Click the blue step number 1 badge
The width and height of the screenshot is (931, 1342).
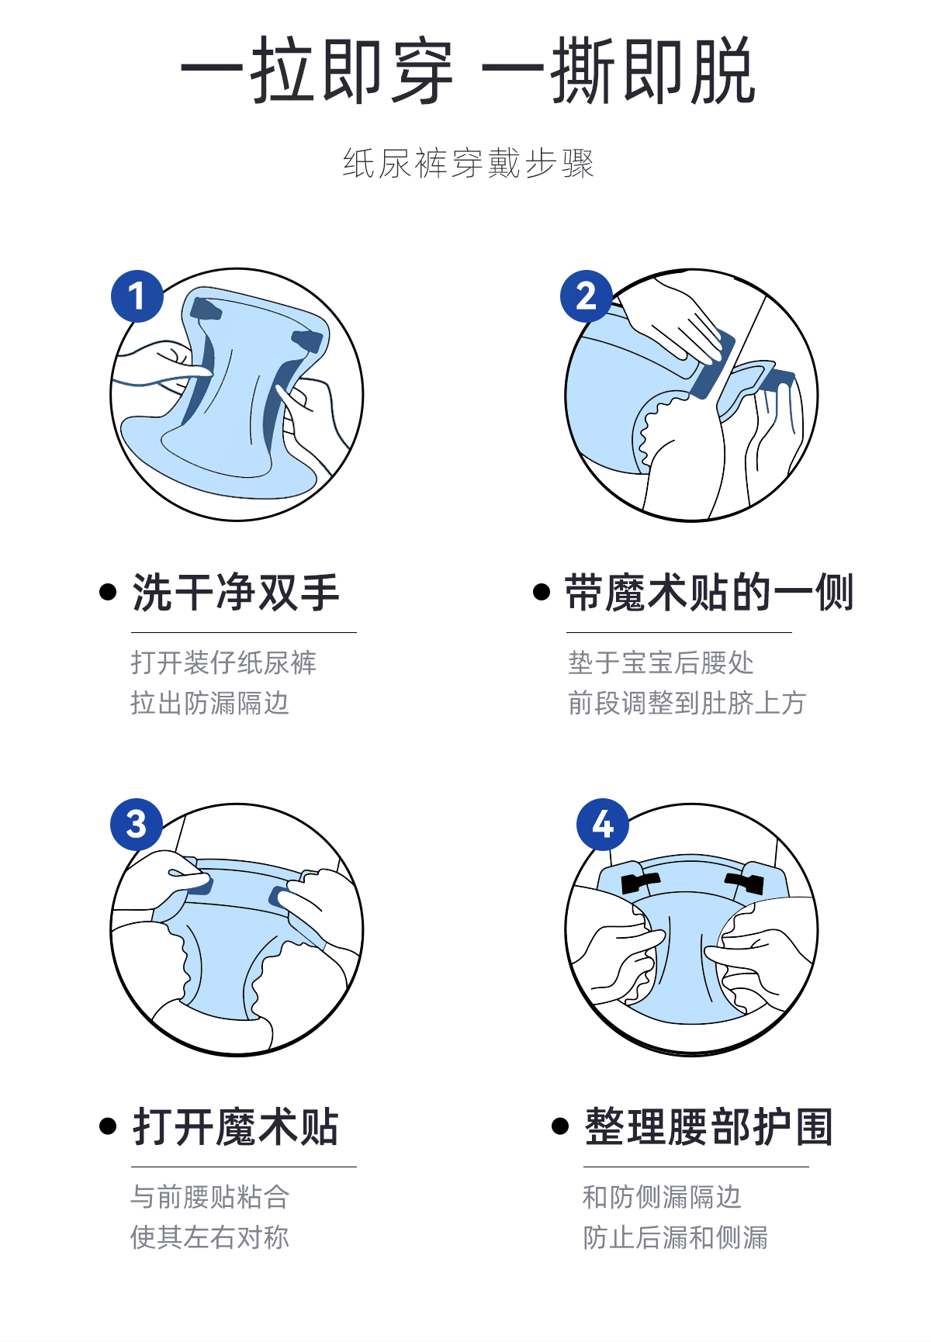(x=137, y=296)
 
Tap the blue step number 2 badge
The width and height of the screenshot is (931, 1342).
(x=587, y=296)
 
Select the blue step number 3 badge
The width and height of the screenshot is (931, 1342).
(x=137, y=825)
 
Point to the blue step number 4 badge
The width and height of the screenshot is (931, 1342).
(x=603, y=825)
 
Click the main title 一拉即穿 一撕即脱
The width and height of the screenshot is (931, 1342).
(x=468, y=71)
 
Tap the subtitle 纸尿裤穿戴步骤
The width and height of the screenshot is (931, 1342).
(x=469, y=164)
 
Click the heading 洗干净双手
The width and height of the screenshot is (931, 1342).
(x=236, y=593)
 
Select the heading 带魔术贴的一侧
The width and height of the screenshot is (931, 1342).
(x=709, y=593)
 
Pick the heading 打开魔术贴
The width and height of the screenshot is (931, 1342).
(x=236, y=1127)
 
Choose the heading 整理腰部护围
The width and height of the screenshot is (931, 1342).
(x=709, y=1127)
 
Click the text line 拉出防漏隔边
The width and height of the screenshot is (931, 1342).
(x=209, y=703)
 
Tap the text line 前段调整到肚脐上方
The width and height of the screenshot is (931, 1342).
(x=687, y=703)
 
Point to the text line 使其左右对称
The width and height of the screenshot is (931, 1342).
(x=209, y=1237)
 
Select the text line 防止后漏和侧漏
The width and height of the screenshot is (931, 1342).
(x=675, y=1237)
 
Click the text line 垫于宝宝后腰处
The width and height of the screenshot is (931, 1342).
(x=661, y=662)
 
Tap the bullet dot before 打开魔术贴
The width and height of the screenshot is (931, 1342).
(x=108, y=1127)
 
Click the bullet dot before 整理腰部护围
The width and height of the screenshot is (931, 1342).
(x=560, y=1126)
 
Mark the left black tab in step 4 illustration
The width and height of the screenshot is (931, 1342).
(x=640, y=882)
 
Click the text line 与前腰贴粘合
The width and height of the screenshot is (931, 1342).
(x=209, y=1197)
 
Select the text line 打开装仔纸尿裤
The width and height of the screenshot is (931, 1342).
(x=223, y=662)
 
